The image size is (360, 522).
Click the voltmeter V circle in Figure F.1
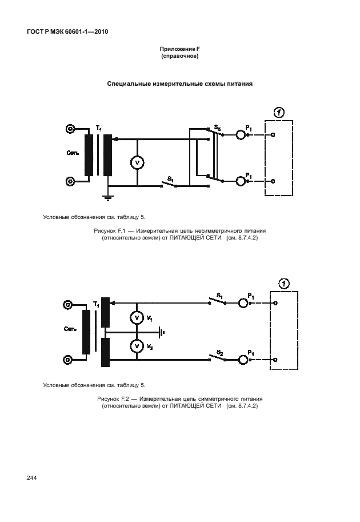pos(137,162)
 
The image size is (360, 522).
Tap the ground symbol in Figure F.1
pos(107,198)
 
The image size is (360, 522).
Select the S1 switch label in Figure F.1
pos(170,179)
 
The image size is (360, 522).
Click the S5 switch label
pos(217,127)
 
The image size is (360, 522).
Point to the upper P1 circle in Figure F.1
pos(241,135)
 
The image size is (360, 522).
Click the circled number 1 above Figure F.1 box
pos(279,113)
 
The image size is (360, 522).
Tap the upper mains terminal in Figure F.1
pos(70,129)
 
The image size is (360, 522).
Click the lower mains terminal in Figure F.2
pos(67,360)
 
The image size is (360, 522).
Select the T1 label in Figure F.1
pos(99,128)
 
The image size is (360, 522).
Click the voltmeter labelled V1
pos(137,317)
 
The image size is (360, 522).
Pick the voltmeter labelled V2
pos(137,346)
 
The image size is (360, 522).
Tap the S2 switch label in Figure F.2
pos(219,353)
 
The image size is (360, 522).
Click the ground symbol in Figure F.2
pos(162,332)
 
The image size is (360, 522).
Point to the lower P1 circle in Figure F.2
pos(243,360)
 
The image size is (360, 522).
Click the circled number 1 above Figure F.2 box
pos(284,284)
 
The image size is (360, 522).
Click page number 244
pos(31,478)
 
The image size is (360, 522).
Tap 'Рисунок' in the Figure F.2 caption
pos(106,399)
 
